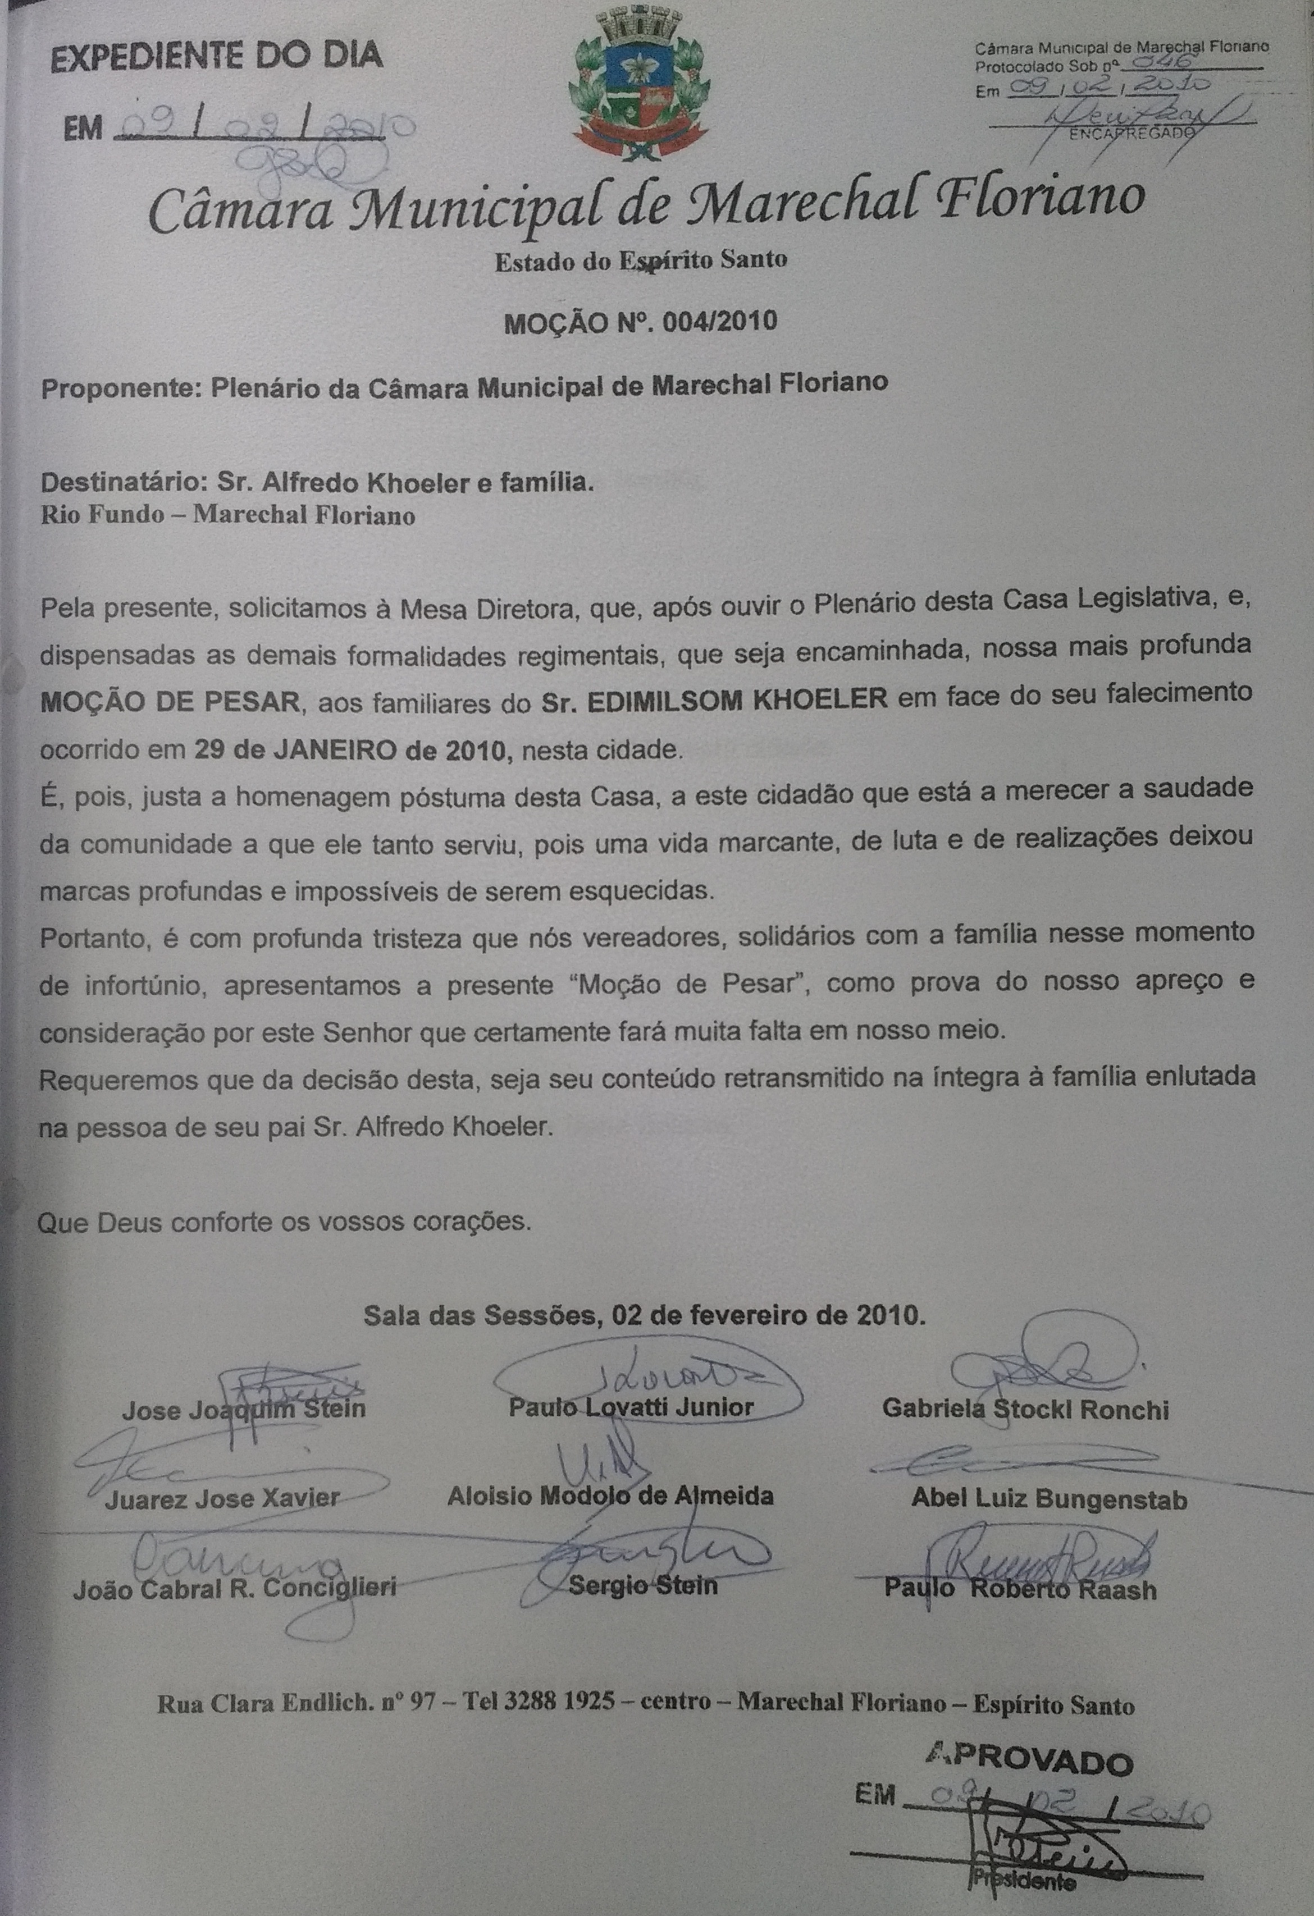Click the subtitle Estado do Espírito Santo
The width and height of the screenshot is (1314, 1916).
[x=640, y=260]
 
